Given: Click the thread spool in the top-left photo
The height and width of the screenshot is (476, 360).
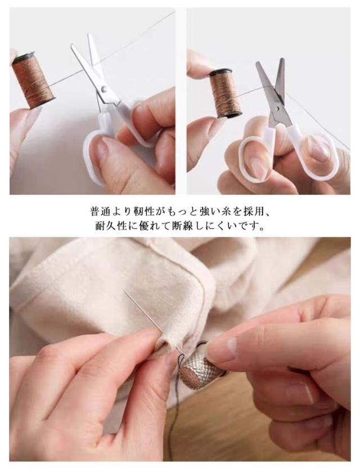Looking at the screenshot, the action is [x=33, y=80].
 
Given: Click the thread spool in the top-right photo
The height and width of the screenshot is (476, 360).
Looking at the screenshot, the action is [x=226, y=93].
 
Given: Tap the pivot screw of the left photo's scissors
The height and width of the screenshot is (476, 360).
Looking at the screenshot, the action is [x=104, y=89].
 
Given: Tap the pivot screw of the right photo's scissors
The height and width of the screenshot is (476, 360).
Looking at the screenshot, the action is [x=277, y=108].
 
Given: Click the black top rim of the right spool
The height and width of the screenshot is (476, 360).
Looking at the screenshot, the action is [x=220, y=73].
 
